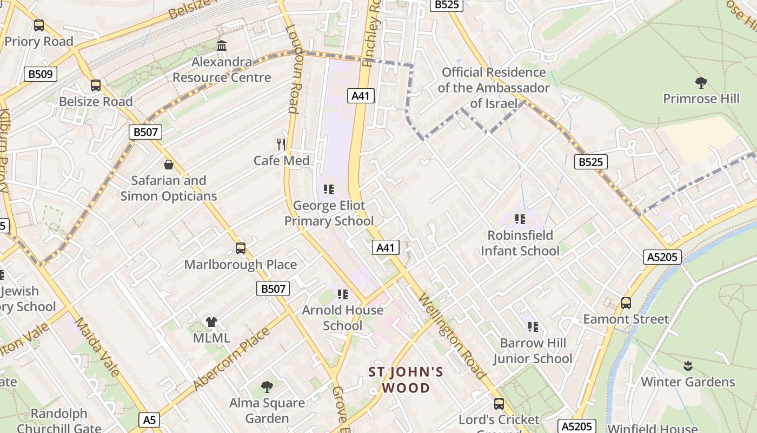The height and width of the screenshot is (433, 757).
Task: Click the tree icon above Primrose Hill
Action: coord(701,83)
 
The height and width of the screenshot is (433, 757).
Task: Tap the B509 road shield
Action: coord(41,74)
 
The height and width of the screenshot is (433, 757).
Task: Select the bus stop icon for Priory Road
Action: coord(39,25)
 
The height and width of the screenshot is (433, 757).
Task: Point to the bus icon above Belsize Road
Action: coord(96,86)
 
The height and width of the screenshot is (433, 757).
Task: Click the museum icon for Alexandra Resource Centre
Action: coord(222,46)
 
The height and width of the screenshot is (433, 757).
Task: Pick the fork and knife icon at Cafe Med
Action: coord(281,145)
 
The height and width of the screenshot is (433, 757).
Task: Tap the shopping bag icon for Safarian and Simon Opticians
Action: coord(169,165)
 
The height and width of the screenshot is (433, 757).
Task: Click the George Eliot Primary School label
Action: coord(329,213)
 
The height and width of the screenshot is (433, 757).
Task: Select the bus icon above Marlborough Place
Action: coord(241,248)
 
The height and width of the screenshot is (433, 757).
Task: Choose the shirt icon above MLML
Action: coord(211,322)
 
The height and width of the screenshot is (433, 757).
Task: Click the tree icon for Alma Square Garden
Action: coord(267,386)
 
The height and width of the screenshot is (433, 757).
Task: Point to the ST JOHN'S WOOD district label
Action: coord(406,380)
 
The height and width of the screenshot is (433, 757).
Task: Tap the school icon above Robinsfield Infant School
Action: coord(520,219)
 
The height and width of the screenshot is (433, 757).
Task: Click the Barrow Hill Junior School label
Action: coord(533,351)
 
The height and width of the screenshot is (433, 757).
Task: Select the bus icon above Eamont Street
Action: coord(626,303)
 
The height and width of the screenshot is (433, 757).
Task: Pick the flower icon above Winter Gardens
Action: coord(688,366)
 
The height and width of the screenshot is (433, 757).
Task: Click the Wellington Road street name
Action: coord(451,337)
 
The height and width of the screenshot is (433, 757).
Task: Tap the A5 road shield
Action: coord(150,419)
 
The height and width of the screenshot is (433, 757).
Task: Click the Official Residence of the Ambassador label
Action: coord(494,88)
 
